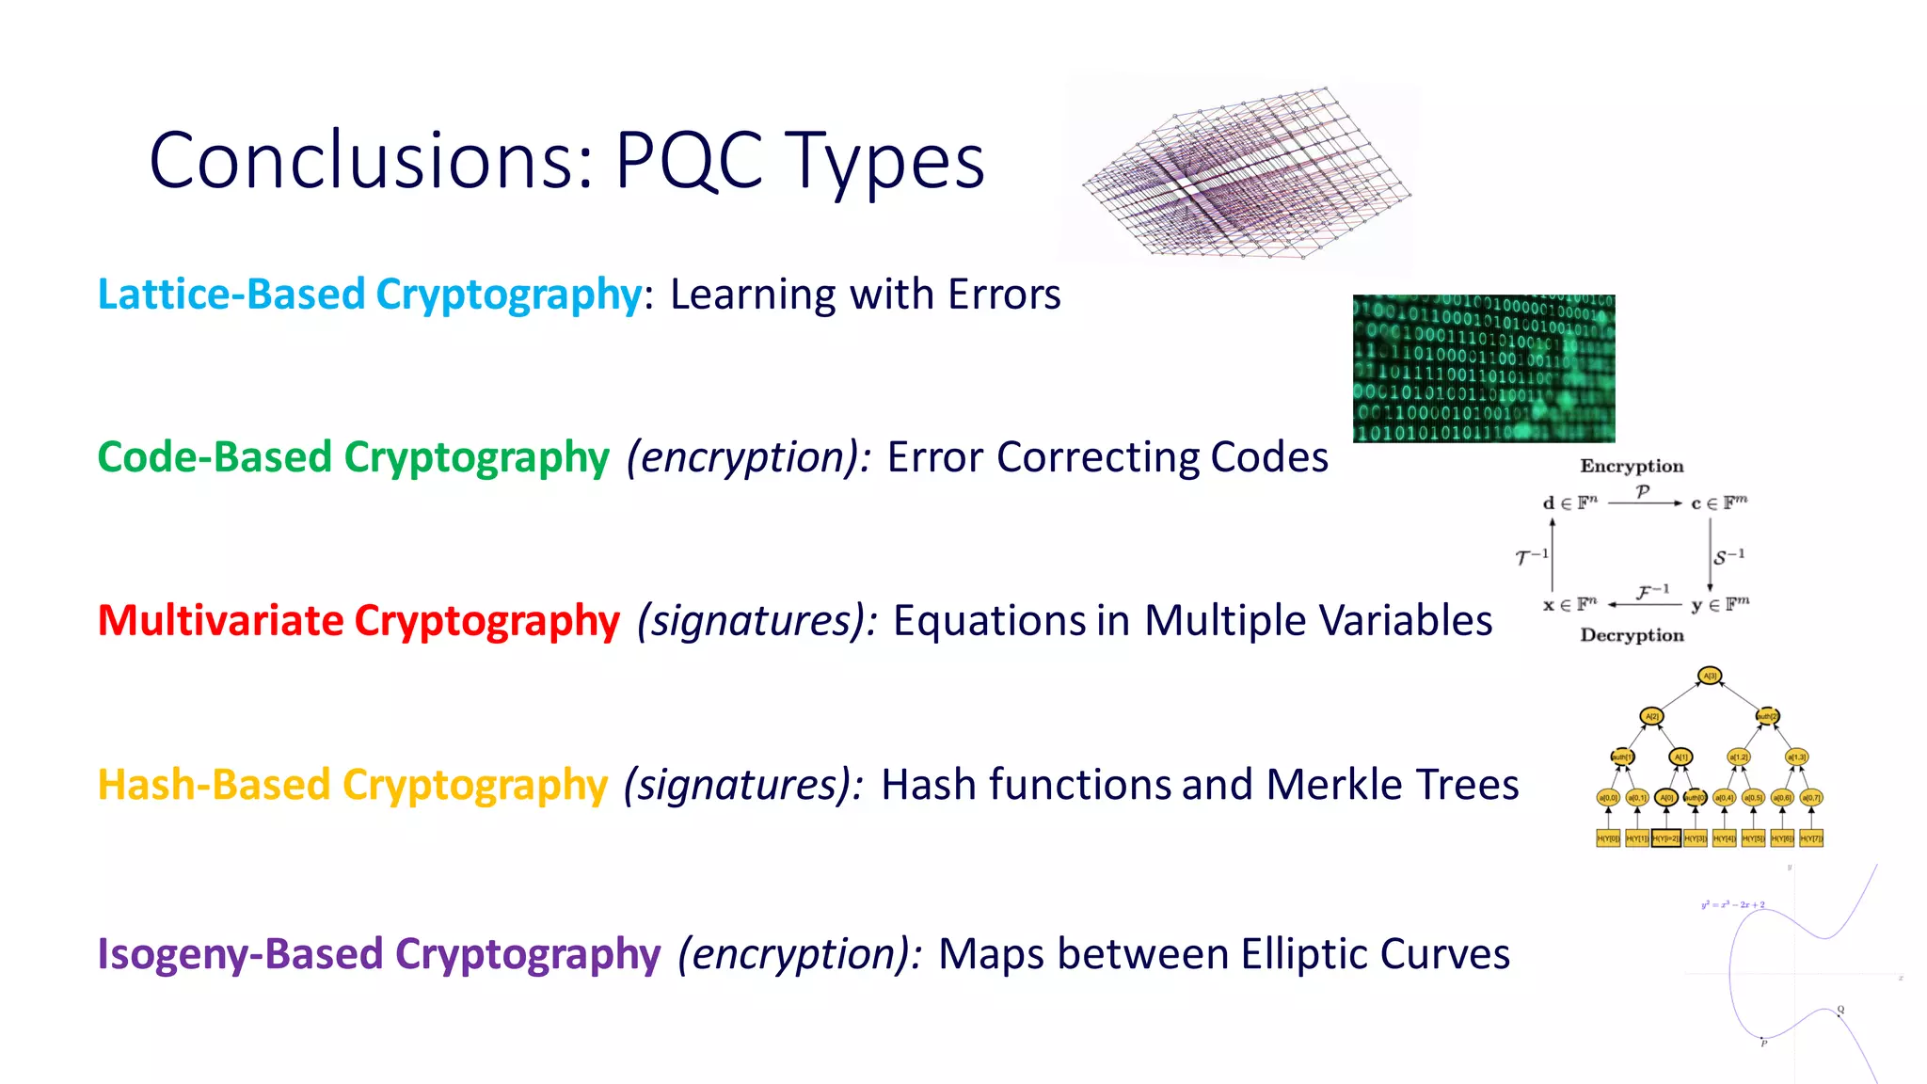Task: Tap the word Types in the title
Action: pos(884,162)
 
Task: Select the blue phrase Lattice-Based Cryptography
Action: pos(370,295)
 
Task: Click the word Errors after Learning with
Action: pos(1004,295)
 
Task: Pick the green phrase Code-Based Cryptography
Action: pos(354,457)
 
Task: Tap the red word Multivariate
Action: pos(220,621)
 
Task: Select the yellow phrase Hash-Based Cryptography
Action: pos(353,785)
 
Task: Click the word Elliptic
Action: pos(1302,954)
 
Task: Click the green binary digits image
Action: pos(1484,368)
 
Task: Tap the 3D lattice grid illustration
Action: pos(1242,174)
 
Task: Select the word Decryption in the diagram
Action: pos(1632,635)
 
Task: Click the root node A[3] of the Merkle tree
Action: pos(1710,676)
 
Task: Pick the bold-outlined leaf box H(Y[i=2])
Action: pos(1665,837)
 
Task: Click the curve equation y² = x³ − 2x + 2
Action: pos(1732,904)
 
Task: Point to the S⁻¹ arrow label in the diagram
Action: pos(1728,556)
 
